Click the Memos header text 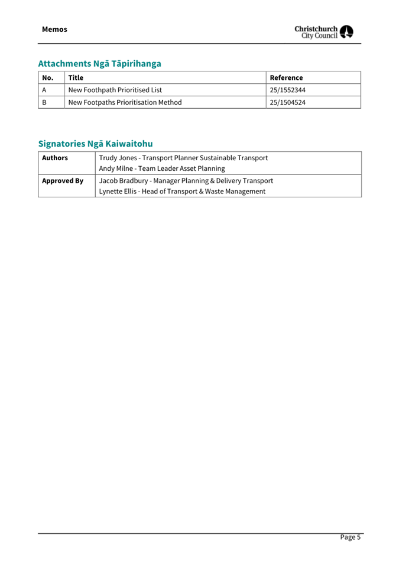(54, 29)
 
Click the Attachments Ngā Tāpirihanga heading (99, 63)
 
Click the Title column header (76, 77)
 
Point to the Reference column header (286, 77)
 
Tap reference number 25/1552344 (287, 90)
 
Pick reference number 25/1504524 (287, 102)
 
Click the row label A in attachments (44, 90)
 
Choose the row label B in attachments (44, 102)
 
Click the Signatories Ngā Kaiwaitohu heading (95, 143)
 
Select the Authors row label (55, 158)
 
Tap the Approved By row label (63, 180)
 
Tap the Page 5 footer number (349, 537)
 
